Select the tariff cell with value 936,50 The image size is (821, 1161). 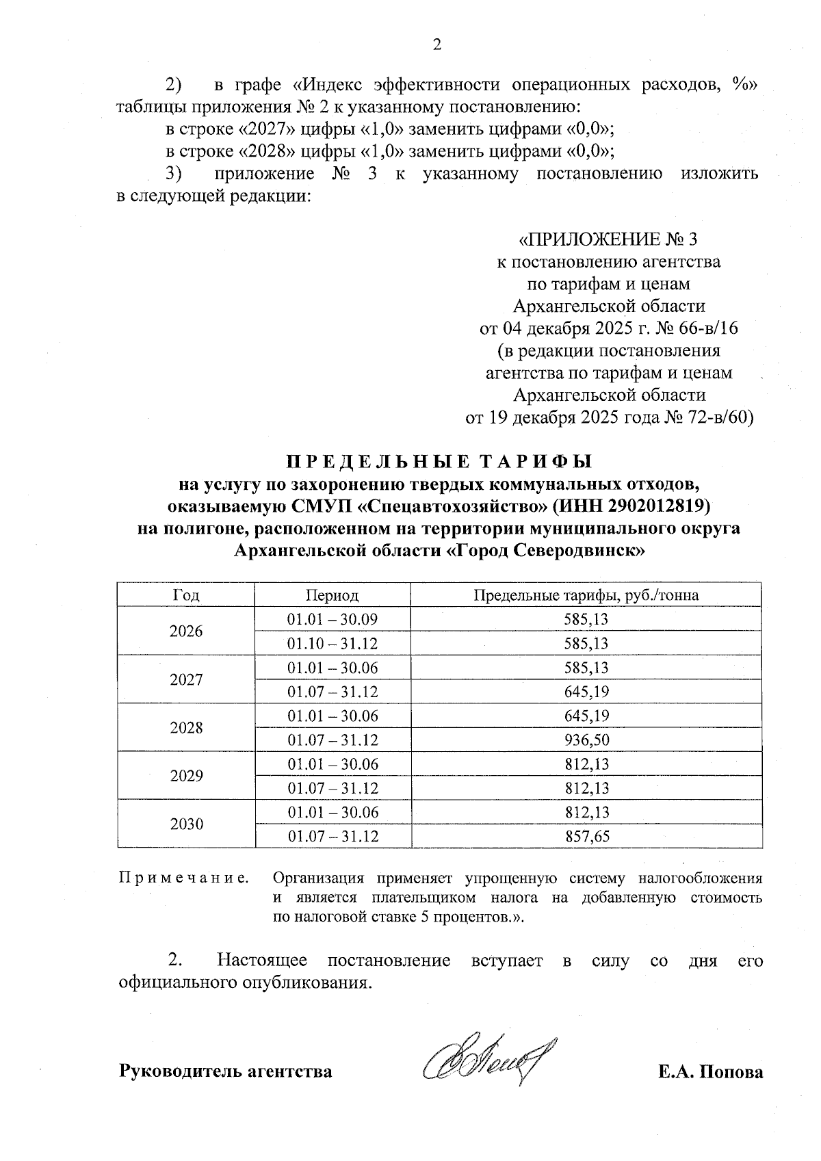[x=586, y=740]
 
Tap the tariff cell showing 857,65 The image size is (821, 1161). [x=586, y=836]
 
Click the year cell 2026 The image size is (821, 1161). [x=186, y=631]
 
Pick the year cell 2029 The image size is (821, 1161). [x=186, y=776]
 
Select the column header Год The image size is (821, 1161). [x=186, y=595]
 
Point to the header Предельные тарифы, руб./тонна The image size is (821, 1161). [x=586, y=595]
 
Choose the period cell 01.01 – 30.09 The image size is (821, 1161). [x=333, y=620]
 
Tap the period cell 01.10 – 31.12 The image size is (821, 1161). [x=333, y=644]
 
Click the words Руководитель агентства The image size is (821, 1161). [x=226, y=1071]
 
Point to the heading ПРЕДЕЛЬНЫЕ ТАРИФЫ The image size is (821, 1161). [x=437, y=462]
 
